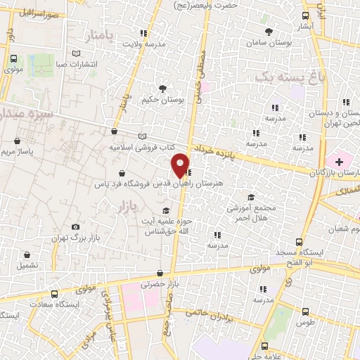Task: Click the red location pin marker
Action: tap(181, 165)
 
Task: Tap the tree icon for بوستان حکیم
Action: tap(163, 89)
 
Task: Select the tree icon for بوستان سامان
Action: tap(269, 32)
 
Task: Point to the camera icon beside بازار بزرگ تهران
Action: tap(76, 226)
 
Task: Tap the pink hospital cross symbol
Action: tap(340, 162)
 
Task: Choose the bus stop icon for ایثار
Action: tap(305, 16)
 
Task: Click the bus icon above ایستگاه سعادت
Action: tap(54, 294)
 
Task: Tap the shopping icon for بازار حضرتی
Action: tap(161, 274)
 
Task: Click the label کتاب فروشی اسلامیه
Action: tap(140, 148)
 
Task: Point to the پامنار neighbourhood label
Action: tap(96, 34)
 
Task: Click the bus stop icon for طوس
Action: tap(304, 311)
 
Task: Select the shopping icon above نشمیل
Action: tap(27, 255)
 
